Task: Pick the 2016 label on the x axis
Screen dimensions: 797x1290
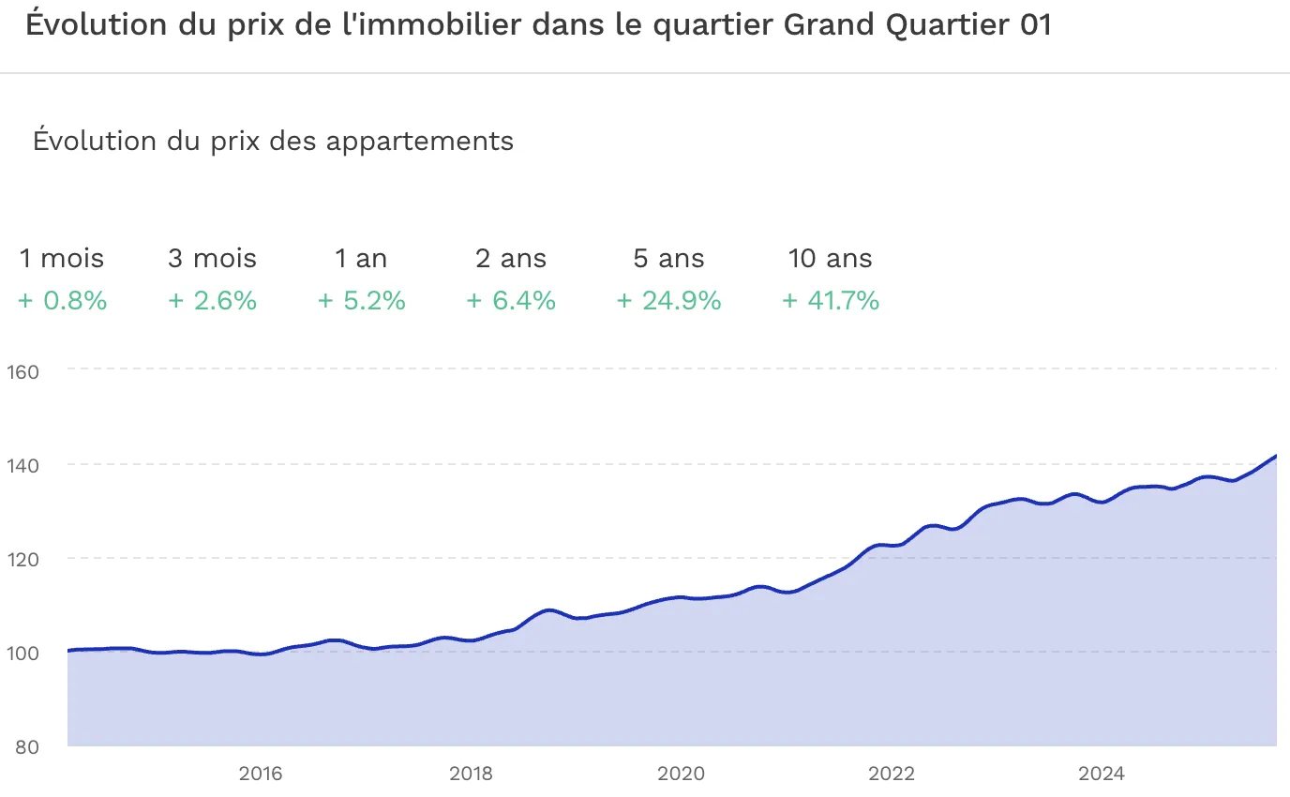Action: pos(261,774)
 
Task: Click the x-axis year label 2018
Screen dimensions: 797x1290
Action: pos(471,774)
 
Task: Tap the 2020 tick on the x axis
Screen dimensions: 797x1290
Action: pos(681,774)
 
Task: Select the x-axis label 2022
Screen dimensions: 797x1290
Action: pos(891,774)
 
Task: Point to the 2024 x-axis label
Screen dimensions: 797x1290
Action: pos(1101,774)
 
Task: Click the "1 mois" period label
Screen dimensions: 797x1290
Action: pos(62,259)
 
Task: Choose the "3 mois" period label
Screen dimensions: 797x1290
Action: pos(212,259)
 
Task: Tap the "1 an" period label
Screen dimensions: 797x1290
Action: pos(361,259)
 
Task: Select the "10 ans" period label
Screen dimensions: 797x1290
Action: pos(830,259)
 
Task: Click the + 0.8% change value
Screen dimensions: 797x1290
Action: pos(62,301)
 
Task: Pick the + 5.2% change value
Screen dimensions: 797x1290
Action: pos(361,301)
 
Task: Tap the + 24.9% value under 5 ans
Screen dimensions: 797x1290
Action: pos(668,301)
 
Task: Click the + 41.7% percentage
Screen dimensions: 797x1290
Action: pos(830,301)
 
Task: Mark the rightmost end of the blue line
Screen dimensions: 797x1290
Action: pos(1276,456)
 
